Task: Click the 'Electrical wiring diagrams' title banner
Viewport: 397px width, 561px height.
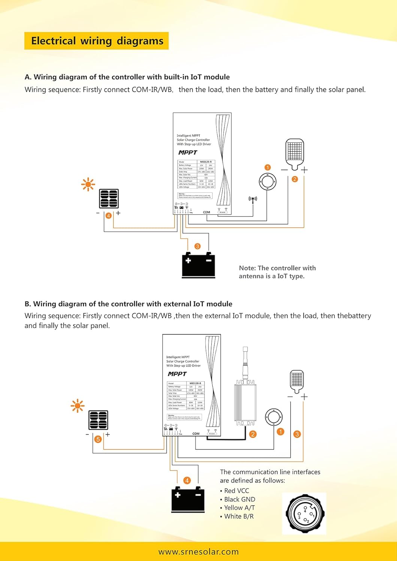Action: (97, 41)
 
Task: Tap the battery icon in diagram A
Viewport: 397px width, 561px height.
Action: (198, 265)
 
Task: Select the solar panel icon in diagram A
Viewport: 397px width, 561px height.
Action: (109, 199)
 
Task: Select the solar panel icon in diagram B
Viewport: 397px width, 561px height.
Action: (98, 420)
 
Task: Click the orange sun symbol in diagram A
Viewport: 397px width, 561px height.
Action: (88, 184)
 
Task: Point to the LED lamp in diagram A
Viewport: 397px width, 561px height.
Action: (295, 154)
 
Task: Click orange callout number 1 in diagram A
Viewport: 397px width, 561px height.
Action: (267, 168)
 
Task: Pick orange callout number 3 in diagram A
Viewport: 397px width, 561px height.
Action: (197, 246)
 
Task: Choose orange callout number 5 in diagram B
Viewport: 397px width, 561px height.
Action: (98, 439)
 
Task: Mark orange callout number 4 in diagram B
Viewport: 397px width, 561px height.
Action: (187, 480)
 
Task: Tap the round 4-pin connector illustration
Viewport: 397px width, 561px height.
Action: (304, 514)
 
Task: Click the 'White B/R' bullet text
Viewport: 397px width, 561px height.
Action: (238, 516)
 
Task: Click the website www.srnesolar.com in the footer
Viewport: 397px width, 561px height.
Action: (198, 552)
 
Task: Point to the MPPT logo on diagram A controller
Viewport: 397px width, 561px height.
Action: (188, 153)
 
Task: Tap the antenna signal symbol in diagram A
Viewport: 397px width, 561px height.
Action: (253, 200)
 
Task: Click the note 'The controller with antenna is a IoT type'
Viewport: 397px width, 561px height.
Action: (277, 272)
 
